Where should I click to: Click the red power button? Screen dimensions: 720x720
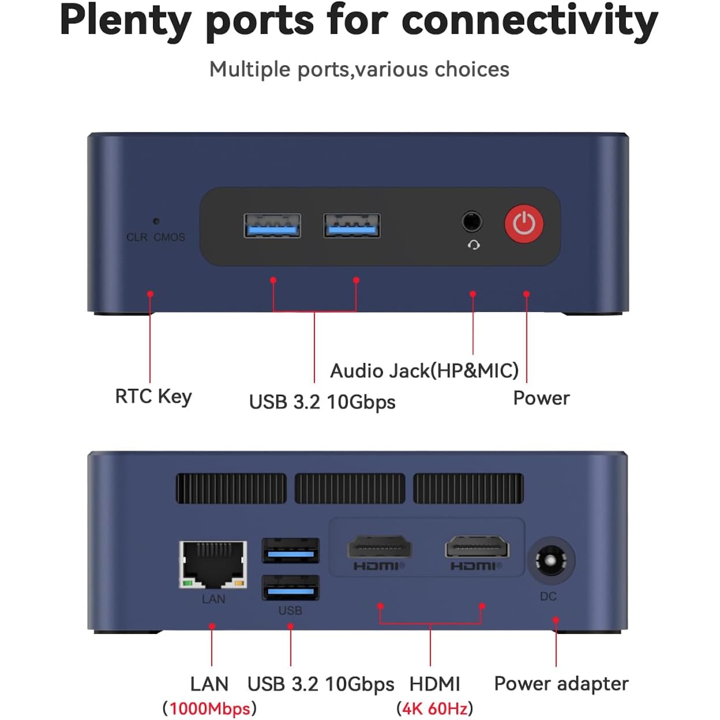point(524,223)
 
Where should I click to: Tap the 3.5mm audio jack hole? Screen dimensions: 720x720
point(471,221)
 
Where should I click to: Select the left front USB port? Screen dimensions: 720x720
point(272,225)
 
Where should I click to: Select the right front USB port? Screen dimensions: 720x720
point(352,225)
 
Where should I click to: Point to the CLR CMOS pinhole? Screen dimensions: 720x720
point(156,221)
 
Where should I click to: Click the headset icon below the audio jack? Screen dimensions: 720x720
point(473,245)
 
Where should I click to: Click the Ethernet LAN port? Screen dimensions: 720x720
point(213,564)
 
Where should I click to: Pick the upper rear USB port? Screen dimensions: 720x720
point(290,550)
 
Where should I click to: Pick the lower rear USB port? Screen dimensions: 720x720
point(290,587)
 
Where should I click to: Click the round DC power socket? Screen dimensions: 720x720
point(550,561)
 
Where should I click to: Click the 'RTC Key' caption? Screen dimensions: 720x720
point(153,397)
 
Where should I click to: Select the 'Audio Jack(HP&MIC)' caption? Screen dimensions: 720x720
point(424,371)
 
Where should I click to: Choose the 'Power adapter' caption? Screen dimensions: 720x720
point(561,684)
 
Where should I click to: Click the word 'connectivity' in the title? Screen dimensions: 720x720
point(529,21)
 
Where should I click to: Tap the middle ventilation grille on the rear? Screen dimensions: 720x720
point(349,488)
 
